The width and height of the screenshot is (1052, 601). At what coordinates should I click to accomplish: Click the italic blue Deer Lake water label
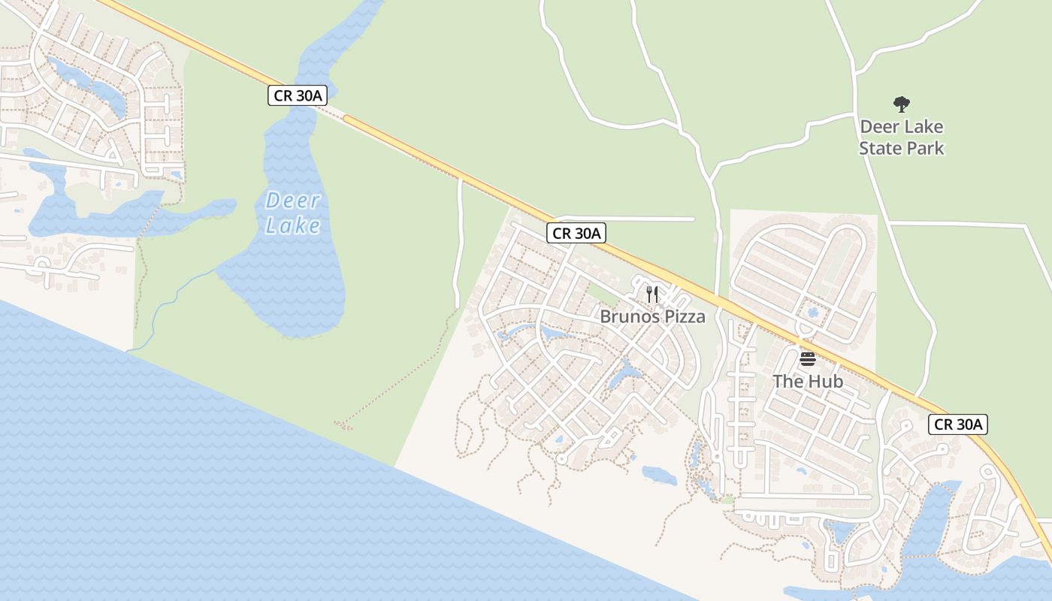pyautogui.click(x=293, y=213)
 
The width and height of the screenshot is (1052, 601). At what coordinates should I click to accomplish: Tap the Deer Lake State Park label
pyautogui.click(x=901, y=137)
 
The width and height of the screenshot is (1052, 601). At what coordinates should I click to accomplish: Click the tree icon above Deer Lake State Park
pyautogui.click(x=901, y=104)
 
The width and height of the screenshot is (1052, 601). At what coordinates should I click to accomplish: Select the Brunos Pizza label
pyautogui.click(x=652, y=316)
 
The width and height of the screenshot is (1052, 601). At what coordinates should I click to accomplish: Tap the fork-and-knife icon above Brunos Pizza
pyautogui.click(x=651, y=294)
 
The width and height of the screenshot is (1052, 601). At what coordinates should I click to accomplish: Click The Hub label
pyautogui.click(x=808, y=381)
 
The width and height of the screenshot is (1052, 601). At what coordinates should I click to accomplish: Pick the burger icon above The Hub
pyautogui.click(x=808, y=358)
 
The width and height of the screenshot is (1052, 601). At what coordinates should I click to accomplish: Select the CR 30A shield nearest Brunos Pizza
pyautogui.click(x=576, y=233)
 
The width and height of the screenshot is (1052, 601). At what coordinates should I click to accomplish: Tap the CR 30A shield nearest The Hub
pyautogui.click(x=957, y=424)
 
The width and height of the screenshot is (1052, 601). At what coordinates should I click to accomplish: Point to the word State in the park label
pyautogui.click(x=880, y=148)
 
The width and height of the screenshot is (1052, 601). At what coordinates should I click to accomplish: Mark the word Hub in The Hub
pyautogui.click(x=825, y=381)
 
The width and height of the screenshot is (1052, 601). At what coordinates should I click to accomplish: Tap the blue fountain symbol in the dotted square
pyautogui.click(x=811, y=311)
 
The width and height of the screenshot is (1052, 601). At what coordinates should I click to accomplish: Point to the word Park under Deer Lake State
pyautogui.click(x=924, y=148)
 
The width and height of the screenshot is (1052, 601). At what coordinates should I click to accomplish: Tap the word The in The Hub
pyautogui.click(x=789, y=381)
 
